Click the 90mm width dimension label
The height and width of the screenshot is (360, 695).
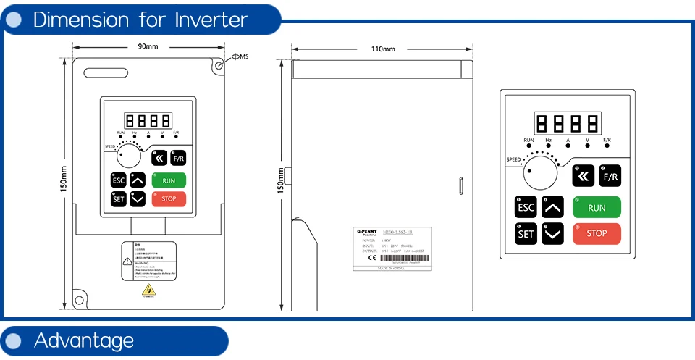[148, 47]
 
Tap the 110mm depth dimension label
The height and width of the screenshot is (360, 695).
[383, 49]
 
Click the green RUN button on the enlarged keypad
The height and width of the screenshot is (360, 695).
[597, 207]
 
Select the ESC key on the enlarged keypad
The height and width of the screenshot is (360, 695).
[526, 207]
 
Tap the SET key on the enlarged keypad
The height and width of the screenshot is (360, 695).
[526, 233]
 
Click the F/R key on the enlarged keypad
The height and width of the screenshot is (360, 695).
[610, 177]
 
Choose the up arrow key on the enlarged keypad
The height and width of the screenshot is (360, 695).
[553, 207]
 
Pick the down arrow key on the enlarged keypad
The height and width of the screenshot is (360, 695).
[553, 233]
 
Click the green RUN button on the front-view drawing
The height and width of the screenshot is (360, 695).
[169, 180]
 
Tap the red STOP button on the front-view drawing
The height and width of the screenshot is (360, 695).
[169, 198]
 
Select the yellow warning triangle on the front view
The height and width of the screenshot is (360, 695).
[148, 291]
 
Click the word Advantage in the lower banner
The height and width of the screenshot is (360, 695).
[84, 340]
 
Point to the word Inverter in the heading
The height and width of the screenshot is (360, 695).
[211, 20]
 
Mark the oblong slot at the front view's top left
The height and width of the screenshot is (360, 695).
[106, 72]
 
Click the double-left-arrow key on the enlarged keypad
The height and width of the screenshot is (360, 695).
[584, 177]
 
